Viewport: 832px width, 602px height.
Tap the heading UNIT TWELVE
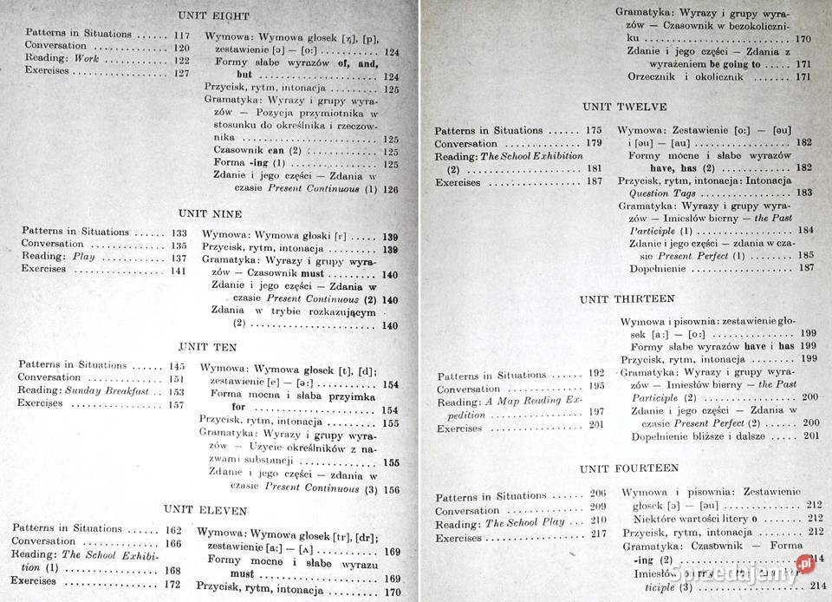pos(625,107)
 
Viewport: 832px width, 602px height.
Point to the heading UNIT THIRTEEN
pos(627,298)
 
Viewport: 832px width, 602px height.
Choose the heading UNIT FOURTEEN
pos(629,468)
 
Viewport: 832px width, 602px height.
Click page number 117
pos(181,35)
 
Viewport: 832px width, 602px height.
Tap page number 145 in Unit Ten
pos(177,366)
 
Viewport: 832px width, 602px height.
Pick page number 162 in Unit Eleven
pos(172,529)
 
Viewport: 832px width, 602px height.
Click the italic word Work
pos(86,59)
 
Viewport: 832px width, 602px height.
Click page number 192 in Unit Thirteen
pos(596,374)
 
